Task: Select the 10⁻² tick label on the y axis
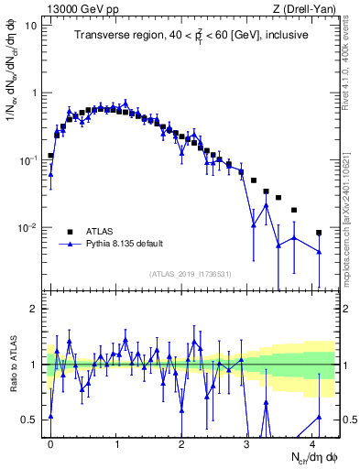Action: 27,228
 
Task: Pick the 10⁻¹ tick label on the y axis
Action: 27,160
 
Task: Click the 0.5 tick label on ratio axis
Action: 29,420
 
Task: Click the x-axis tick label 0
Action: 50,442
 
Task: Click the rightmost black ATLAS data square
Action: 319,233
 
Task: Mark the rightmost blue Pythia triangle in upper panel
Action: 319,252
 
